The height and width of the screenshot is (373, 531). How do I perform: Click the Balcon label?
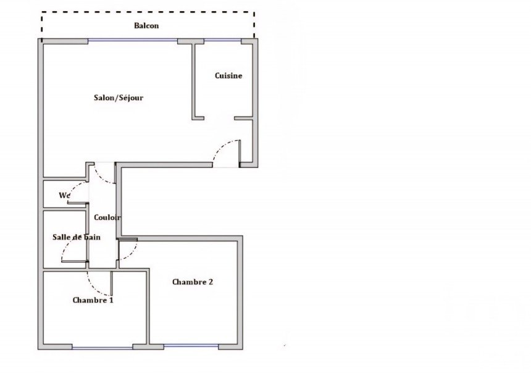(x=146, y=26)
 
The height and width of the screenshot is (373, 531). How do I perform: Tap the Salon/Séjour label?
(x=119, y=98)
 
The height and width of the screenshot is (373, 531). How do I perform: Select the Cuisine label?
(x=228, y=75)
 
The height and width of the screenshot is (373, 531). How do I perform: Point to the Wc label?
(x=65, y=196)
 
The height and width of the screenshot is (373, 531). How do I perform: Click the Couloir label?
(x=107, y=217)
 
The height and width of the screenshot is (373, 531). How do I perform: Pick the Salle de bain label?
(x=77, y=237)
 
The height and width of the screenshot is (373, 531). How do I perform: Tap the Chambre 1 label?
(x=93, y=300)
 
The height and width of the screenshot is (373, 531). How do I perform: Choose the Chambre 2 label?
(x=193, y=282)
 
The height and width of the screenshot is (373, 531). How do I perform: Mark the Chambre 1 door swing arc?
(x=92, y=287)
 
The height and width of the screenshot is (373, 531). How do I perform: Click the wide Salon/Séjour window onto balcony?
(x=132, y=40)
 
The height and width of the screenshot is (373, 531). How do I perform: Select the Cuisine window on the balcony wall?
(x=222, y=41)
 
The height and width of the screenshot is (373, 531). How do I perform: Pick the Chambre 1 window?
(x=102, y=347)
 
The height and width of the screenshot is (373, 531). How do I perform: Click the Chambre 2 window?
(x=191, y=346)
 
